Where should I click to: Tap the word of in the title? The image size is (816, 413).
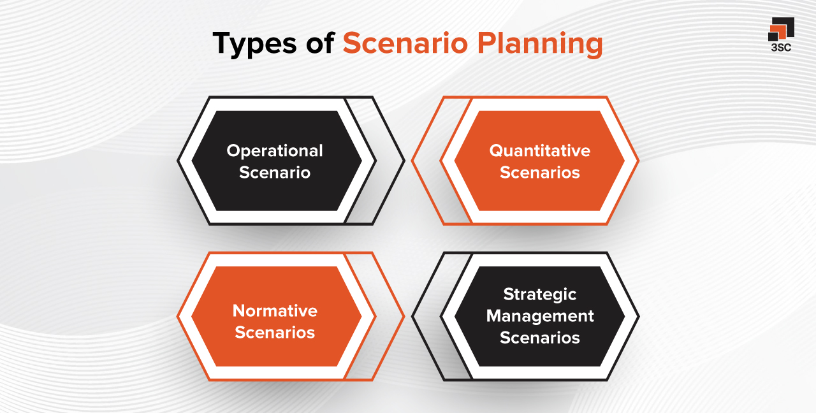[x=317, y=44]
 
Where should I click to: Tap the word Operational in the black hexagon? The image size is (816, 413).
[x=275, y=151]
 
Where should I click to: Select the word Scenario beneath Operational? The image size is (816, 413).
[x=275, y=172]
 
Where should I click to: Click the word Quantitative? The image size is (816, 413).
[x=539, y=151]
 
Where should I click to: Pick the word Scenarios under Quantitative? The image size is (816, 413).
[x=539, y=172]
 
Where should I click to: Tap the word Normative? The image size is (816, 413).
[x=275, y=311]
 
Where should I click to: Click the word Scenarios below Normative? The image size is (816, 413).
[x=275, y=332]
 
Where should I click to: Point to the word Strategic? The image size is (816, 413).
[x=539, y=294]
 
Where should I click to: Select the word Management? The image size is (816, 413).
[x=539, y=315]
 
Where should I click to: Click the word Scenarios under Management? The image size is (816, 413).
[x=539, y=337]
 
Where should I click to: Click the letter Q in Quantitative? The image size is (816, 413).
[x=495, y=151]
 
